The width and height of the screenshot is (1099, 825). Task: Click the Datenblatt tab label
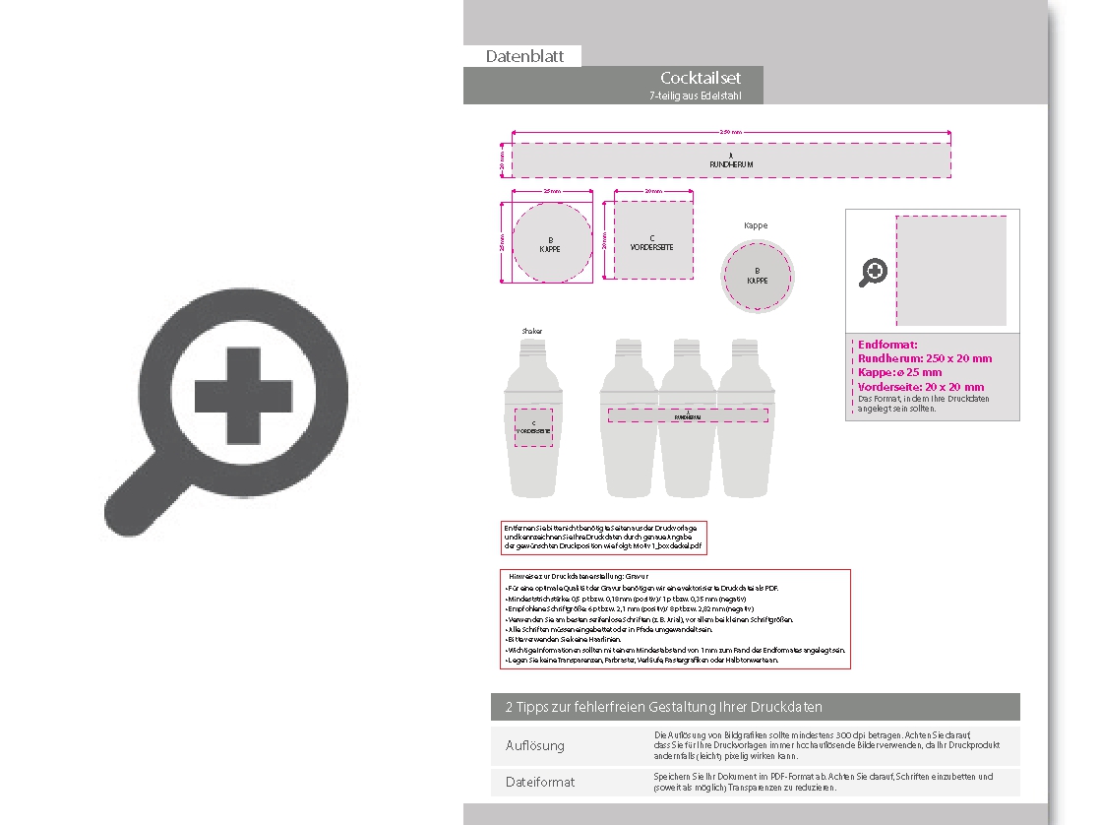(x=524, y=56)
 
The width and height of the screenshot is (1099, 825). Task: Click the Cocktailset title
(x=701, y=78)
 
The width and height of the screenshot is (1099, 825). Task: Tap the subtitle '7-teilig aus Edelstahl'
(x=695, y=95)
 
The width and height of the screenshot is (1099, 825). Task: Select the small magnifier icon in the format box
(x=873, y=272)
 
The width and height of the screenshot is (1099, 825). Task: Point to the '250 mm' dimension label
(x=730, y=132)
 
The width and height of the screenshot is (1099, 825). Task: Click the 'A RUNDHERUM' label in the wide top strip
(x=730, y=160)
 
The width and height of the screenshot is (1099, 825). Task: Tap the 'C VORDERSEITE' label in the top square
(x=651, y=242)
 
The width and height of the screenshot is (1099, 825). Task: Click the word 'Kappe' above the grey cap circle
(x=756, y=225)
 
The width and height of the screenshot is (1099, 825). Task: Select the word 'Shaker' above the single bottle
(x=532, y=332)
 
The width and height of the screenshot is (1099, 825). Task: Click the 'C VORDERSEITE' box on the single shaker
(x=534, y=426)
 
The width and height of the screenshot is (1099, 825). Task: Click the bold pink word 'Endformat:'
(x=887, y=345)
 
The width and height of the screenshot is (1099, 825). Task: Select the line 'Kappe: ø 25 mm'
(x=899, y=372)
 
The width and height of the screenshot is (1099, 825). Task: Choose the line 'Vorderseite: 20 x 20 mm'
(x=921, y=387)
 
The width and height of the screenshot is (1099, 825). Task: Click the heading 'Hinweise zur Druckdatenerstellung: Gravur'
(x=579, y=576)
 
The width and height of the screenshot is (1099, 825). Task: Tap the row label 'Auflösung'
(x=535, y=745)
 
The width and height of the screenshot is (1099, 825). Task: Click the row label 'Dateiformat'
(x=540, y=782)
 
